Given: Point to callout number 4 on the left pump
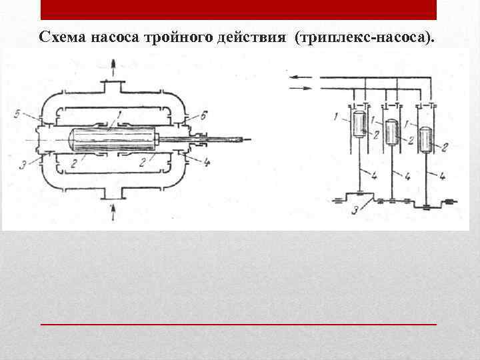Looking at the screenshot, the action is pyautogui.click(x=207, y=161).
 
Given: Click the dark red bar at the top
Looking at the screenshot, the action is pyautogui.click(x=239, y=9).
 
